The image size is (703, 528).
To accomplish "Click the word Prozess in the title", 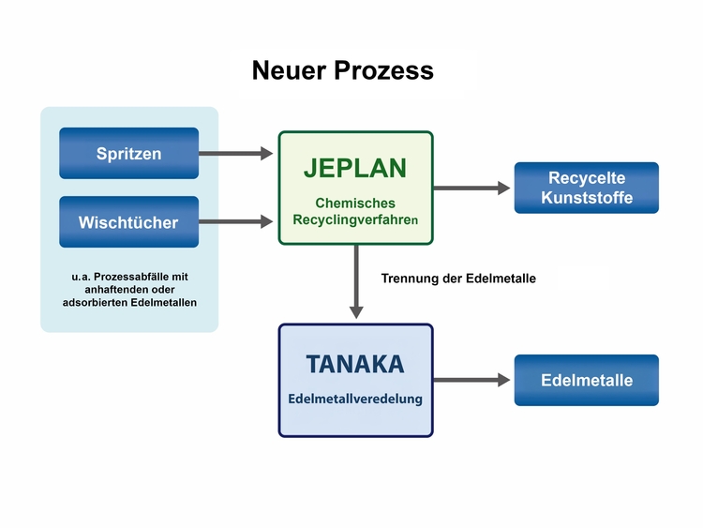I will (x=389, y=70).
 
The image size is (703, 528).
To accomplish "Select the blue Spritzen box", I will (x=128, y=153).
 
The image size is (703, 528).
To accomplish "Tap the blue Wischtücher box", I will (x=128, y=222).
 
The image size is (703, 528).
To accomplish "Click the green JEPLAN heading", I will (x=355, y=169).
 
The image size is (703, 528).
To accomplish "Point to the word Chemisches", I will (x=355, y=203).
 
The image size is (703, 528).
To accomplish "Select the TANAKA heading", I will (x=355, y=363).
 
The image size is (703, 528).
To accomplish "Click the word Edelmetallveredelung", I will (x=355, y=399).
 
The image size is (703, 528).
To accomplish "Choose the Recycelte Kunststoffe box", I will (x=586, y=188).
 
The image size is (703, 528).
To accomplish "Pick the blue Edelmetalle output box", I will (x=586, y=380).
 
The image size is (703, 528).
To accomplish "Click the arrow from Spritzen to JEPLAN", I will (x=236, y=153).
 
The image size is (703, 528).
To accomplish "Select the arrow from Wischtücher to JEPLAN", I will (x=236, y=222).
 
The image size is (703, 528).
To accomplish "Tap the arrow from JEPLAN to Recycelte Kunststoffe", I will (x=471, y=188).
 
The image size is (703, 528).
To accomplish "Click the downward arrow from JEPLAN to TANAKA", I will (x=356, y=281).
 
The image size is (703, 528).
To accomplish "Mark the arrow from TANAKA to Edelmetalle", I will (x=471, y=380).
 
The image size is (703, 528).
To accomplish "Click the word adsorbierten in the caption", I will (x=98, y=302).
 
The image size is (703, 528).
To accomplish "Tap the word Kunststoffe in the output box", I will (x=586, y=198).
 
